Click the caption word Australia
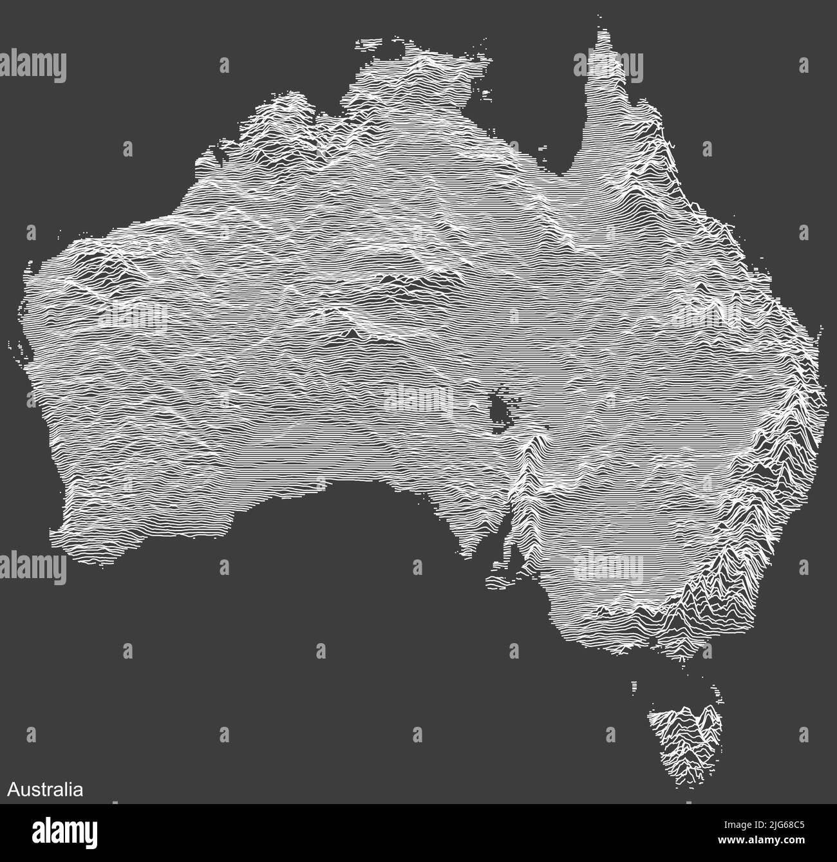pyautogui.click(x=45, y=789)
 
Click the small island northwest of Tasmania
pyautogui.click(x=635, y=686)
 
